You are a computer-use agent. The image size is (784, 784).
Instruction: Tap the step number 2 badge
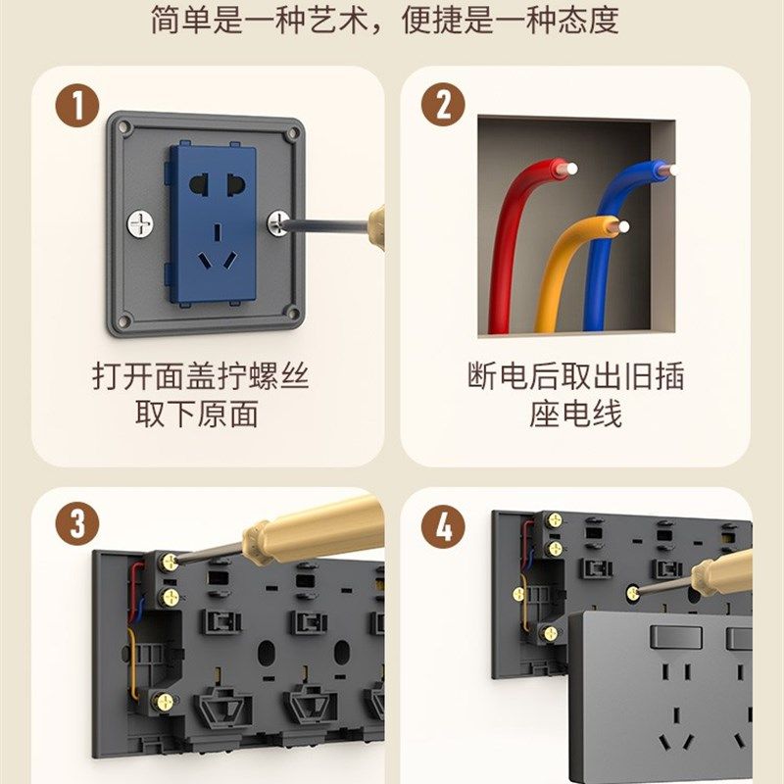click(x=443, y=105)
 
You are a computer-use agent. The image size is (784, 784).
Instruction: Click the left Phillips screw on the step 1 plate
click(x=139, y=223)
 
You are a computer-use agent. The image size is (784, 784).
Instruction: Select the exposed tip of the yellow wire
click(x=622, y=228)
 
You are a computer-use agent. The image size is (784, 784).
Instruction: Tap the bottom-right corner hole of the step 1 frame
click(x=291, y=316)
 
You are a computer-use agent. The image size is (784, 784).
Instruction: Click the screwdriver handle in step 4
click(x=725, y=571)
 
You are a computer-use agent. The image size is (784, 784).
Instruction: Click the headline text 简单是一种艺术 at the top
click(x=265, y=22)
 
